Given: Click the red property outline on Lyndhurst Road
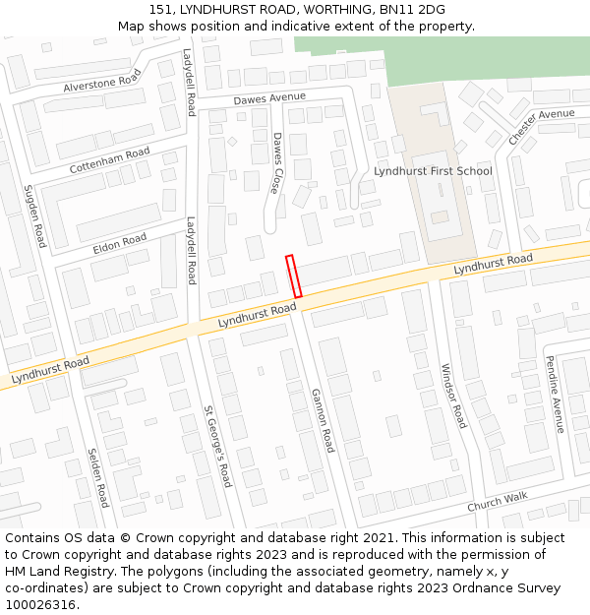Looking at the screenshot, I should pyautogui.click(x=293, y=277).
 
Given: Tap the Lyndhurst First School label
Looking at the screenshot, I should pyautogui.click(x=433, y=171).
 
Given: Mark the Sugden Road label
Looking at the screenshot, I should pyautogui.click(x=35, y=215).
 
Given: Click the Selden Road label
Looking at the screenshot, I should pyautogui.click(x=97, y=477).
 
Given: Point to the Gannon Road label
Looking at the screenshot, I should pyautogui.click(x=323, y=420).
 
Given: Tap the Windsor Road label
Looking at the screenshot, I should pyautogui.click(x=452, y=395).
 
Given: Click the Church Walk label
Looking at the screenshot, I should pyautogui.click(x=497, y=501).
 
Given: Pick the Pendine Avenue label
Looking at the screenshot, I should pyautogui.click(x=554, y=394).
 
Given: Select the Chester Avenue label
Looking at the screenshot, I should pyautogui.click(x=541, y=127).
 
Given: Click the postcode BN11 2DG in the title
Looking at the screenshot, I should pyautogui.click(x=418, y=10).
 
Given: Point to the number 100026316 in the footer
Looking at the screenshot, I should pyautogui.click(x=38, y=605).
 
